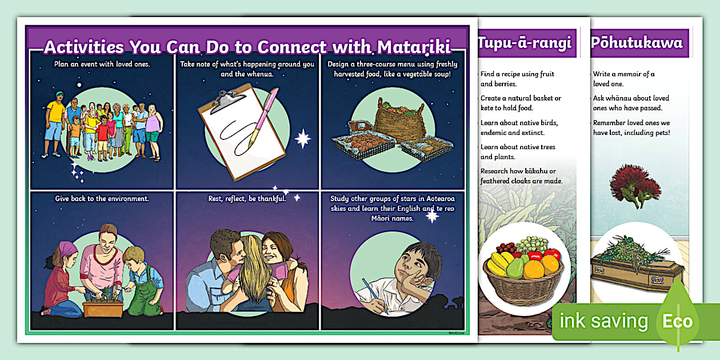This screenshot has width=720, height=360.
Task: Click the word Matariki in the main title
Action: (x=410, y=46)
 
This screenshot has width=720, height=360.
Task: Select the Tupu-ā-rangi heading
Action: (x=525, y=43)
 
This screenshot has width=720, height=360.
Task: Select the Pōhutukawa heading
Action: (x=637, y=43)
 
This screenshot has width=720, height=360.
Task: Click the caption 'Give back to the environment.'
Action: (x=102, y=199)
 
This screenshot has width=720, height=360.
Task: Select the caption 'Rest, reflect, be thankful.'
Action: (x=247, y=199)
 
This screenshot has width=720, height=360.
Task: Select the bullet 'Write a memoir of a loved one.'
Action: (x=623, y=79)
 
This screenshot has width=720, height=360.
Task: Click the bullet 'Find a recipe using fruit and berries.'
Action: (x=517, y=79)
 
